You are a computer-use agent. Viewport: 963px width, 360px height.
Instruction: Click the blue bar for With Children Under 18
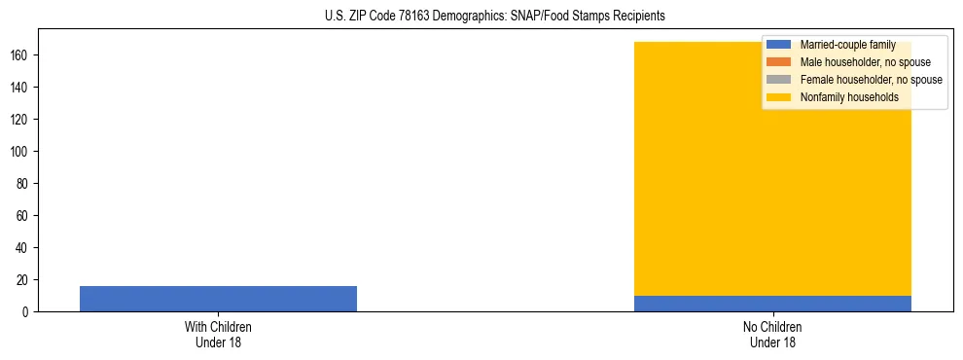(218, 299)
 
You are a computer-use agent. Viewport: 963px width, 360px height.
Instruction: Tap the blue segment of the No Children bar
(772, 304)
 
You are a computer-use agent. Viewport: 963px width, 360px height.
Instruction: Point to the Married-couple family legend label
(847, 45)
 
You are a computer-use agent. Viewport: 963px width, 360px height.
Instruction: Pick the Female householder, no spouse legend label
(871, 80)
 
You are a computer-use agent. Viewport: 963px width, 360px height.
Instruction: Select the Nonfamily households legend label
(849, 97)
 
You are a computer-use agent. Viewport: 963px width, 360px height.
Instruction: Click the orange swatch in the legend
(778, 62)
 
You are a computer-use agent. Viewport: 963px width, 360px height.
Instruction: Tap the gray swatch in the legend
(778, 80)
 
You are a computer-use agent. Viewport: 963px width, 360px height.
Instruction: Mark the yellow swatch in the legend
(778, 97)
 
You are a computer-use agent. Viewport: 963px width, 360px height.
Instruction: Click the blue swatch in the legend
(778, 45)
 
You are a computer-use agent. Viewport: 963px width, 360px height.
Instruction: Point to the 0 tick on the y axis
(27, 312)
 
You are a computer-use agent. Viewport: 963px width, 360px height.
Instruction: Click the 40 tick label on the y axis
(24, 248)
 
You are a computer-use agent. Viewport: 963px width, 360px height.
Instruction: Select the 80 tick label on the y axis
(24, 184)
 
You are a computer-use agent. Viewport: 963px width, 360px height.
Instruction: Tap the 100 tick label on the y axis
(21, 152)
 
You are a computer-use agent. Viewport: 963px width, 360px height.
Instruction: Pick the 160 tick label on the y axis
(21, 55)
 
